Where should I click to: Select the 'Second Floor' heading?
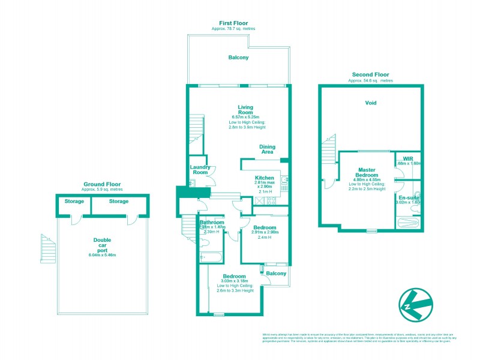(x=371, y=74)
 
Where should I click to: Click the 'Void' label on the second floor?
(x=371, y=103)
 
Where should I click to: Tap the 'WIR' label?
(x=409, y=158)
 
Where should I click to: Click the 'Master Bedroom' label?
(x=367, y=173)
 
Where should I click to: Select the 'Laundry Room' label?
(x=199, y=170)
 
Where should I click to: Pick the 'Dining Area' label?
(x=267, y=149)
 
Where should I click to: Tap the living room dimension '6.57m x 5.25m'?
(x=245, y=117)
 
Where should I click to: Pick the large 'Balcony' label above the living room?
(x=238, y=58)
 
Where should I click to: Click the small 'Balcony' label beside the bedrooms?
(x=276, y=274)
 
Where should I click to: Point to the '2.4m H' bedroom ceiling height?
(x=264, y=238)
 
